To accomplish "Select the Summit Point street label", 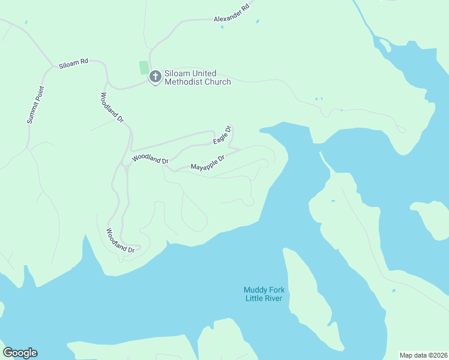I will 36,105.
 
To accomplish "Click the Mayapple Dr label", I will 207,163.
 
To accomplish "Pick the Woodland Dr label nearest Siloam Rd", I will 112,107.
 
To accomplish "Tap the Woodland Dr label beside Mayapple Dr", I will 150,158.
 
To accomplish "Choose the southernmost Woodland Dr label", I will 120,241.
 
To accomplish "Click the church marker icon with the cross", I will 155,76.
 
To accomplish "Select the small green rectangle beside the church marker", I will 143,67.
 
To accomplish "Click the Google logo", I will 20,353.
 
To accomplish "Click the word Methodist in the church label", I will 182,82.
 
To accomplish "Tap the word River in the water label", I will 274,299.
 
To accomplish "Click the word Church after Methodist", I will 217,82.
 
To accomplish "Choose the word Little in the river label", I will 255,299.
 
